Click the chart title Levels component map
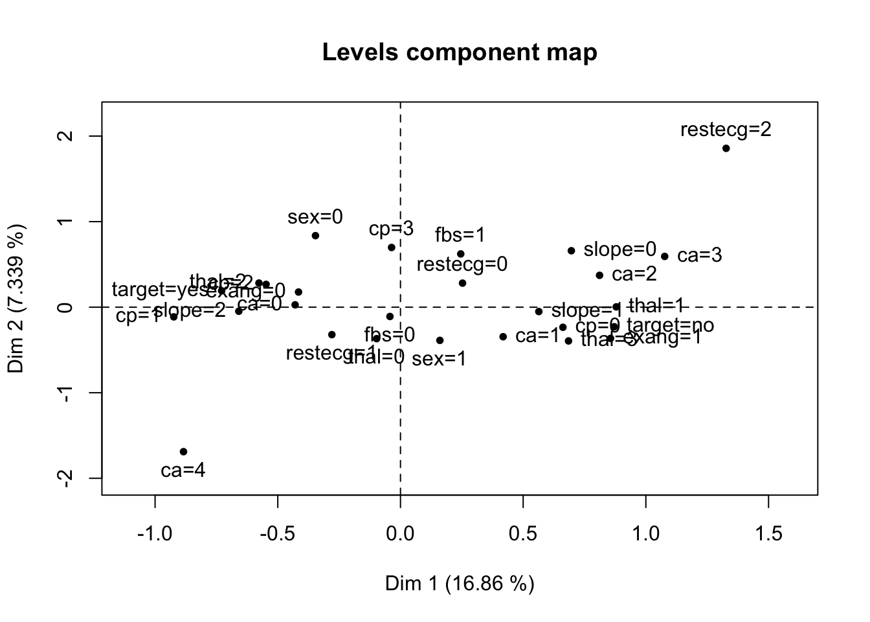click(x=459, y=52)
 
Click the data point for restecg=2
click(x=726, y=148)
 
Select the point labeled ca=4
click(x=183, y=452)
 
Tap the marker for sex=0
click(x=315, y=236)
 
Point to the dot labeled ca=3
click(x=664, y=257)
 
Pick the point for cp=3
click(x=391, y=248)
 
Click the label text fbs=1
click(x=460, y=235)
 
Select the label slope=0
click(x=619, y=249)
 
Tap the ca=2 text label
click(x=634, y=274)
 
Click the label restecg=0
click(x=462, y=264)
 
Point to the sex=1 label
click(x=439, y=359)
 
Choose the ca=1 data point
click(x=503, y=336)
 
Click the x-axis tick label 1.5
click(x=768, y=534)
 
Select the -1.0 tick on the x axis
click(x=155, y=534)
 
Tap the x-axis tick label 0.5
click(x=523, y=534)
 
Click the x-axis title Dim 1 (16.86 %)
click(x=459, y=584)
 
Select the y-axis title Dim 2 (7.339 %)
click(x=17, y=299)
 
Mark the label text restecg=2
click(x=726, y=130)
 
